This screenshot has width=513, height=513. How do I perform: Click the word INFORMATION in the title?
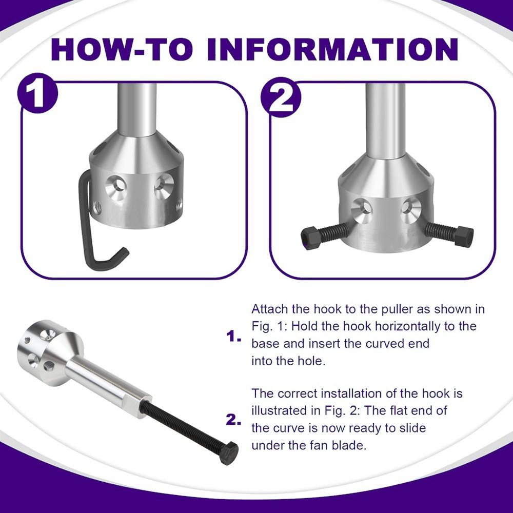click(x=332, y=49)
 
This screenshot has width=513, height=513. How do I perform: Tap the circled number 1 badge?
click(x=37, y=93)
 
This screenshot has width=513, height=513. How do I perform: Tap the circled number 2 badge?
click(x=281, y=97)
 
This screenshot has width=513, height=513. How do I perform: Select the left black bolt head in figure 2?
click(x=309, y=238)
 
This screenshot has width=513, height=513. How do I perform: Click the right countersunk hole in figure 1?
click(x=164, y=187)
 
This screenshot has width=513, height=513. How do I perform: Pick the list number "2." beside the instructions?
click(x=233, y=420)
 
